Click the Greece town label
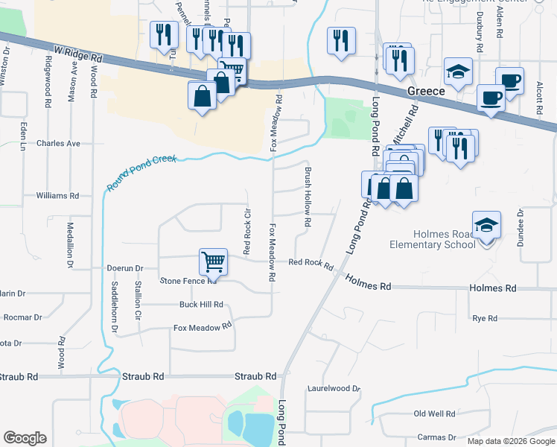point(426,91)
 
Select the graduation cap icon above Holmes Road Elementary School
point(486,224)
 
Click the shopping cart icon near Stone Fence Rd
point(213,261)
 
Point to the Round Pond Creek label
point(141,173)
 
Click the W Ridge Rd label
point(77,54)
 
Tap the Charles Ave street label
point(58,143)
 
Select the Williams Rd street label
point(57,196)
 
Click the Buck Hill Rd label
point(201,305)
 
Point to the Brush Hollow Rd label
point(307,197)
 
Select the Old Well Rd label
point(434,413)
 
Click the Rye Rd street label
point(485,318)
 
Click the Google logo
point(25,438)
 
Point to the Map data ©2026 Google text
point(512,441)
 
